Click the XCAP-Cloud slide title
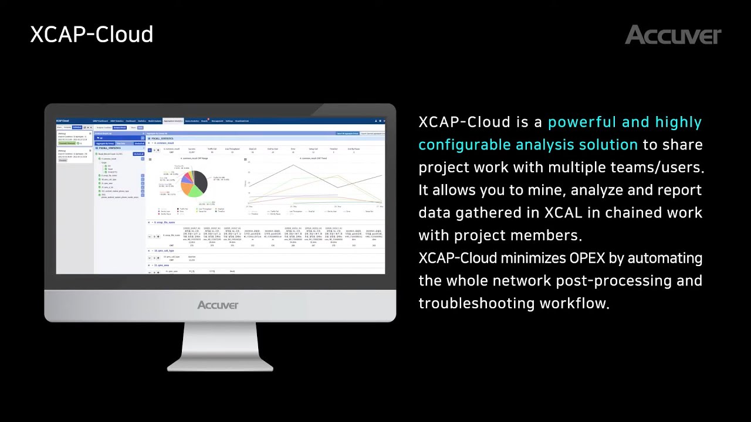92,35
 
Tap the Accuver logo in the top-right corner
672,35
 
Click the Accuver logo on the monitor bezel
218,305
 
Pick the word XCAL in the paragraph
556,213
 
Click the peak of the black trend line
293,165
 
